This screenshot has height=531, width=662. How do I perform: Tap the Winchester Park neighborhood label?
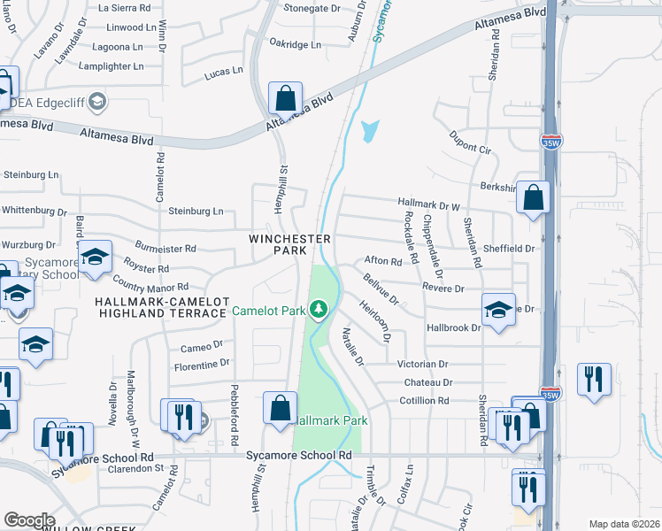290,244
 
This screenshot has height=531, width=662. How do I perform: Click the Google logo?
29,519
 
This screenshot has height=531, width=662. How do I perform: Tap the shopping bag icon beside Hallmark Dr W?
534,199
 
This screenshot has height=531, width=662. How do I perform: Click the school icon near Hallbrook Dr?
498,311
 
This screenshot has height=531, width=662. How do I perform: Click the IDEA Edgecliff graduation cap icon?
97,102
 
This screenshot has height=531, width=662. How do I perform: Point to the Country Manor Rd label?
150,286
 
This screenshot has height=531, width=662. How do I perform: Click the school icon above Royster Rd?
95,258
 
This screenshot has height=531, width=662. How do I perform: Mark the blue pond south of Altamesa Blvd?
369,132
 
